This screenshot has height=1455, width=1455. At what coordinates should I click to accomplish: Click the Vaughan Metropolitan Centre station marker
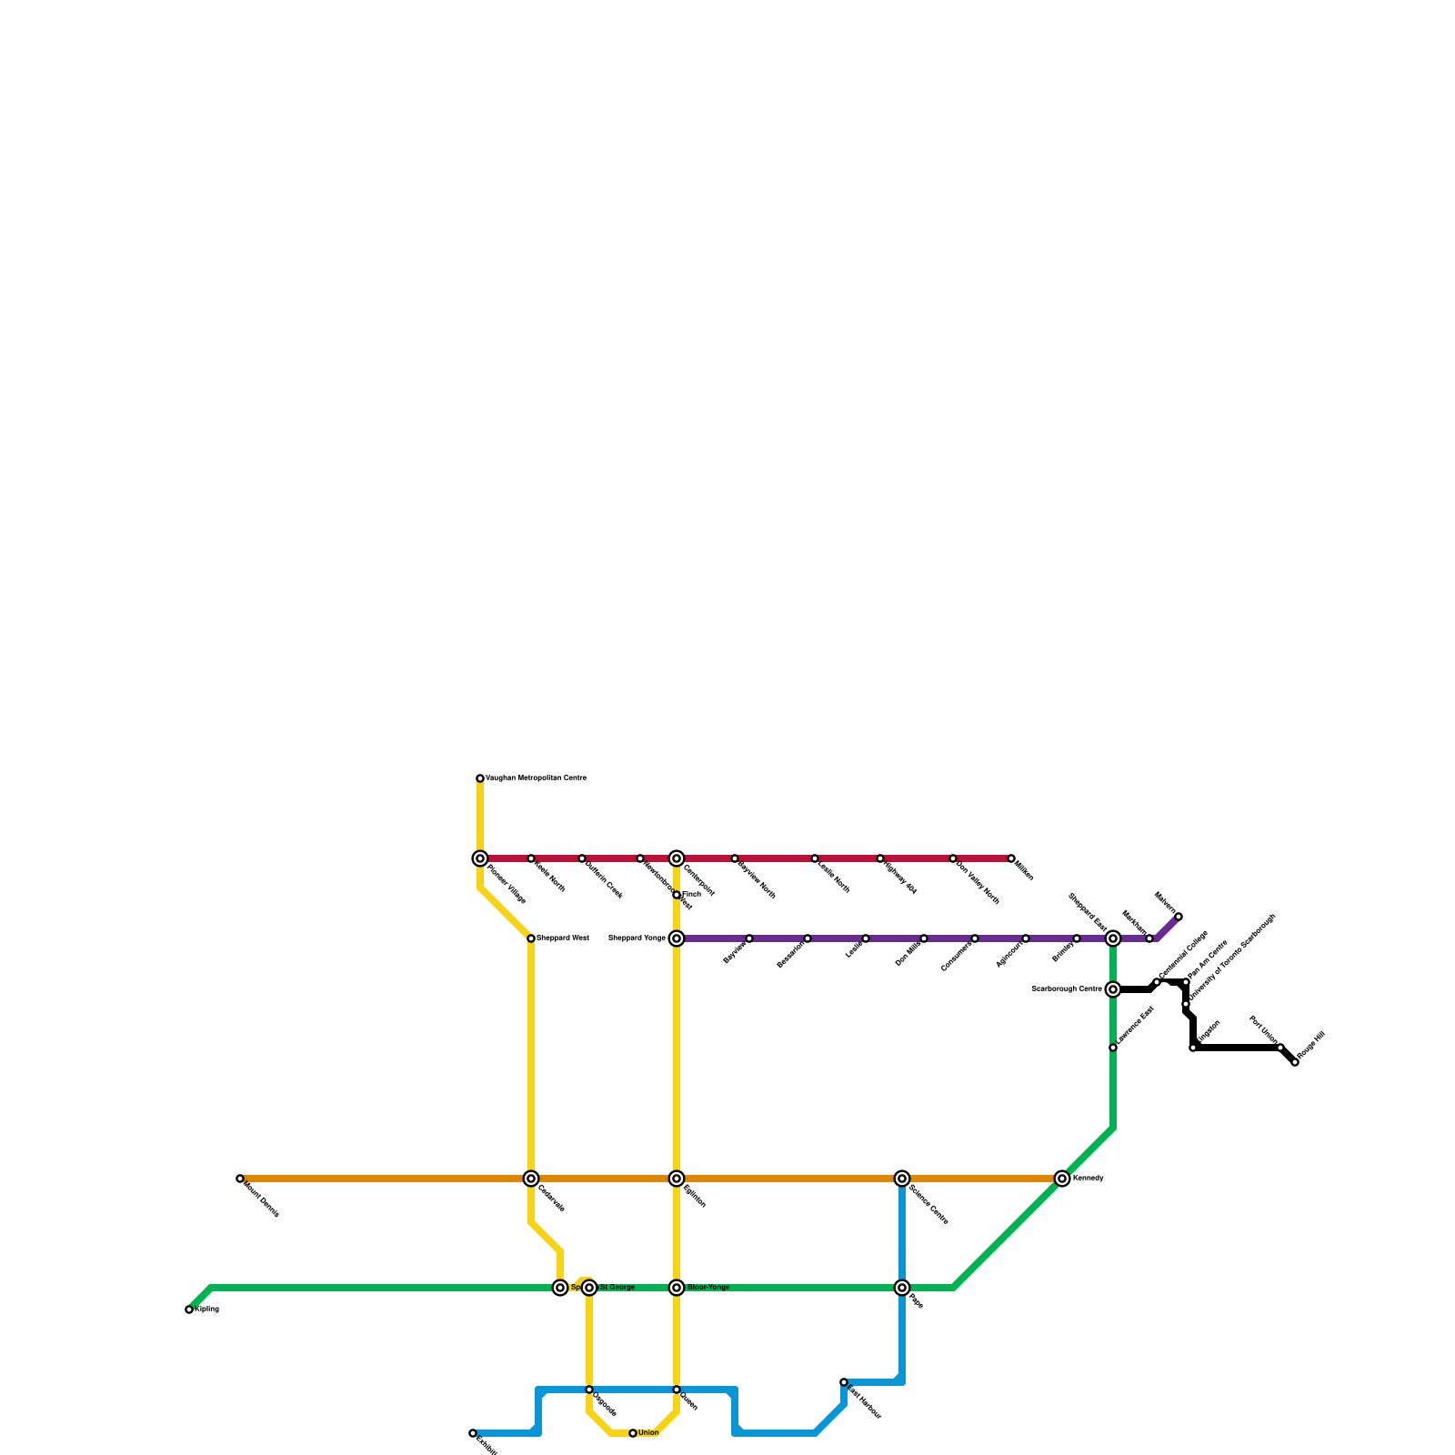pos(480,778)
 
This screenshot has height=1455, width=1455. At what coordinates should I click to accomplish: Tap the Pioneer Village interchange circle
pos(480,858)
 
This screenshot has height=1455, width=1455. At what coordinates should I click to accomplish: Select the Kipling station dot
pos(189,1309)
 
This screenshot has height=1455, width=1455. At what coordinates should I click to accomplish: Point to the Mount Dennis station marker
pos(240,1179)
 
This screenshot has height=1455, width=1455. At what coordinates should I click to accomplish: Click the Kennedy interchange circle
pos(1062,1179)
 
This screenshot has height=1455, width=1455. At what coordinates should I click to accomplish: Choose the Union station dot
pos(633,1433)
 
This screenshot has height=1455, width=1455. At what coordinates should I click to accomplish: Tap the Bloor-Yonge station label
pos(708,1288)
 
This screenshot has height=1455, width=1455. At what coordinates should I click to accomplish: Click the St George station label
pos(617,1288)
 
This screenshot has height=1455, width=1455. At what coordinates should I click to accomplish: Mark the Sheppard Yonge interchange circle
pos(677,938)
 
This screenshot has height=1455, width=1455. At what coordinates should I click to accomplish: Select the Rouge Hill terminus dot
pos(1295,1062)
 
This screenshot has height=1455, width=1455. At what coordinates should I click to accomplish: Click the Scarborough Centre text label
pos(1066,989)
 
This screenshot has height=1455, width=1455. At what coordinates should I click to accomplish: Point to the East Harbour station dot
pos(844,1382)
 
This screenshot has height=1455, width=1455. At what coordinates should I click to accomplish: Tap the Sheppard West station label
pos(563,938)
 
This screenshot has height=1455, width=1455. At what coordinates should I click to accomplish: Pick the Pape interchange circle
pos(902,1288)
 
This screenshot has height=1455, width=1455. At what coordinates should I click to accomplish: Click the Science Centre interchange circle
pos(902,1179)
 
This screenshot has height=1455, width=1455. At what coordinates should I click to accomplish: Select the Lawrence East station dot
pos(1113,1048)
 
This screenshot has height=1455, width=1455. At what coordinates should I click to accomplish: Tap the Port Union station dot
pos(1280,1048)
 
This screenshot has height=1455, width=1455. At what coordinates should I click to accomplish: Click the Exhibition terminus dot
pos(473,1433)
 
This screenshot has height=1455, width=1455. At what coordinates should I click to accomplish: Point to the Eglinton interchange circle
pos(677,1179)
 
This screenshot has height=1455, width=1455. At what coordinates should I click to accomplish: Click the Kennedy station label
pos(1089,1179)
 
